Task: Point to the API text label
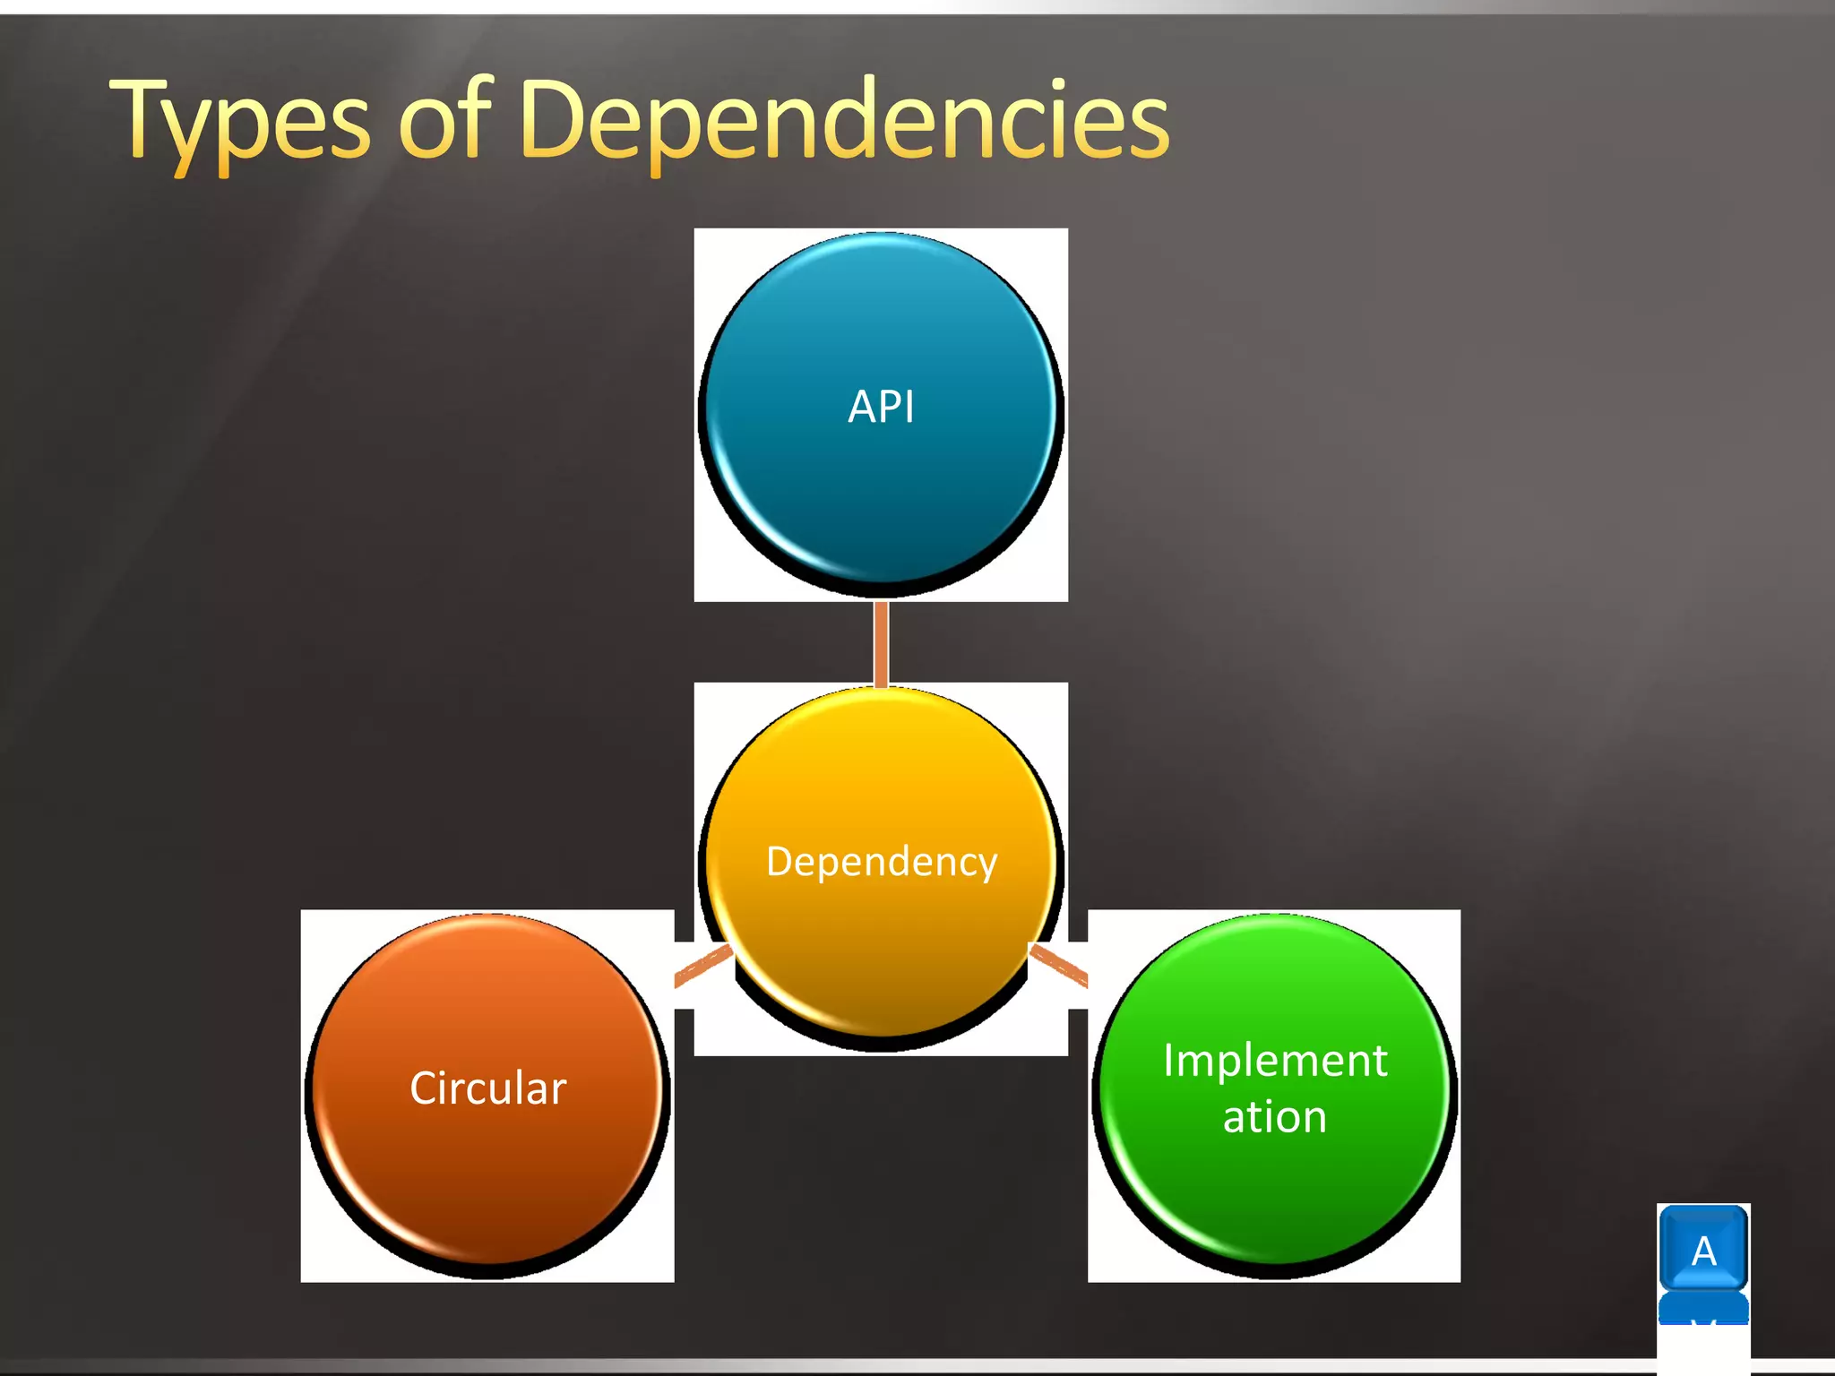pos(881,407)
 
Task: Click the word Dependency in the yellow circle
pos(881,862)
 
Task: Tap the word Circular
pos(487,1088)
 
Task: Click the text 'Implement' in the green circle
pos(1274,1061)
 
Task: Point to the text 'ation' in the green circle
pos(1274,1117)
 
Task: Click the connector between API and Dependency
pos(881,643)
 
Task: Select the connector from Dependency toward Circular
pos(702,967)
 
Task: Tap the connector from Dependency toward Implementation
pos(1059,966)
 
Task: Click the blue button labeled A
pos(1703,1249)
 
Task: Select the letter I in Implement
pos(1169,1061)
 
